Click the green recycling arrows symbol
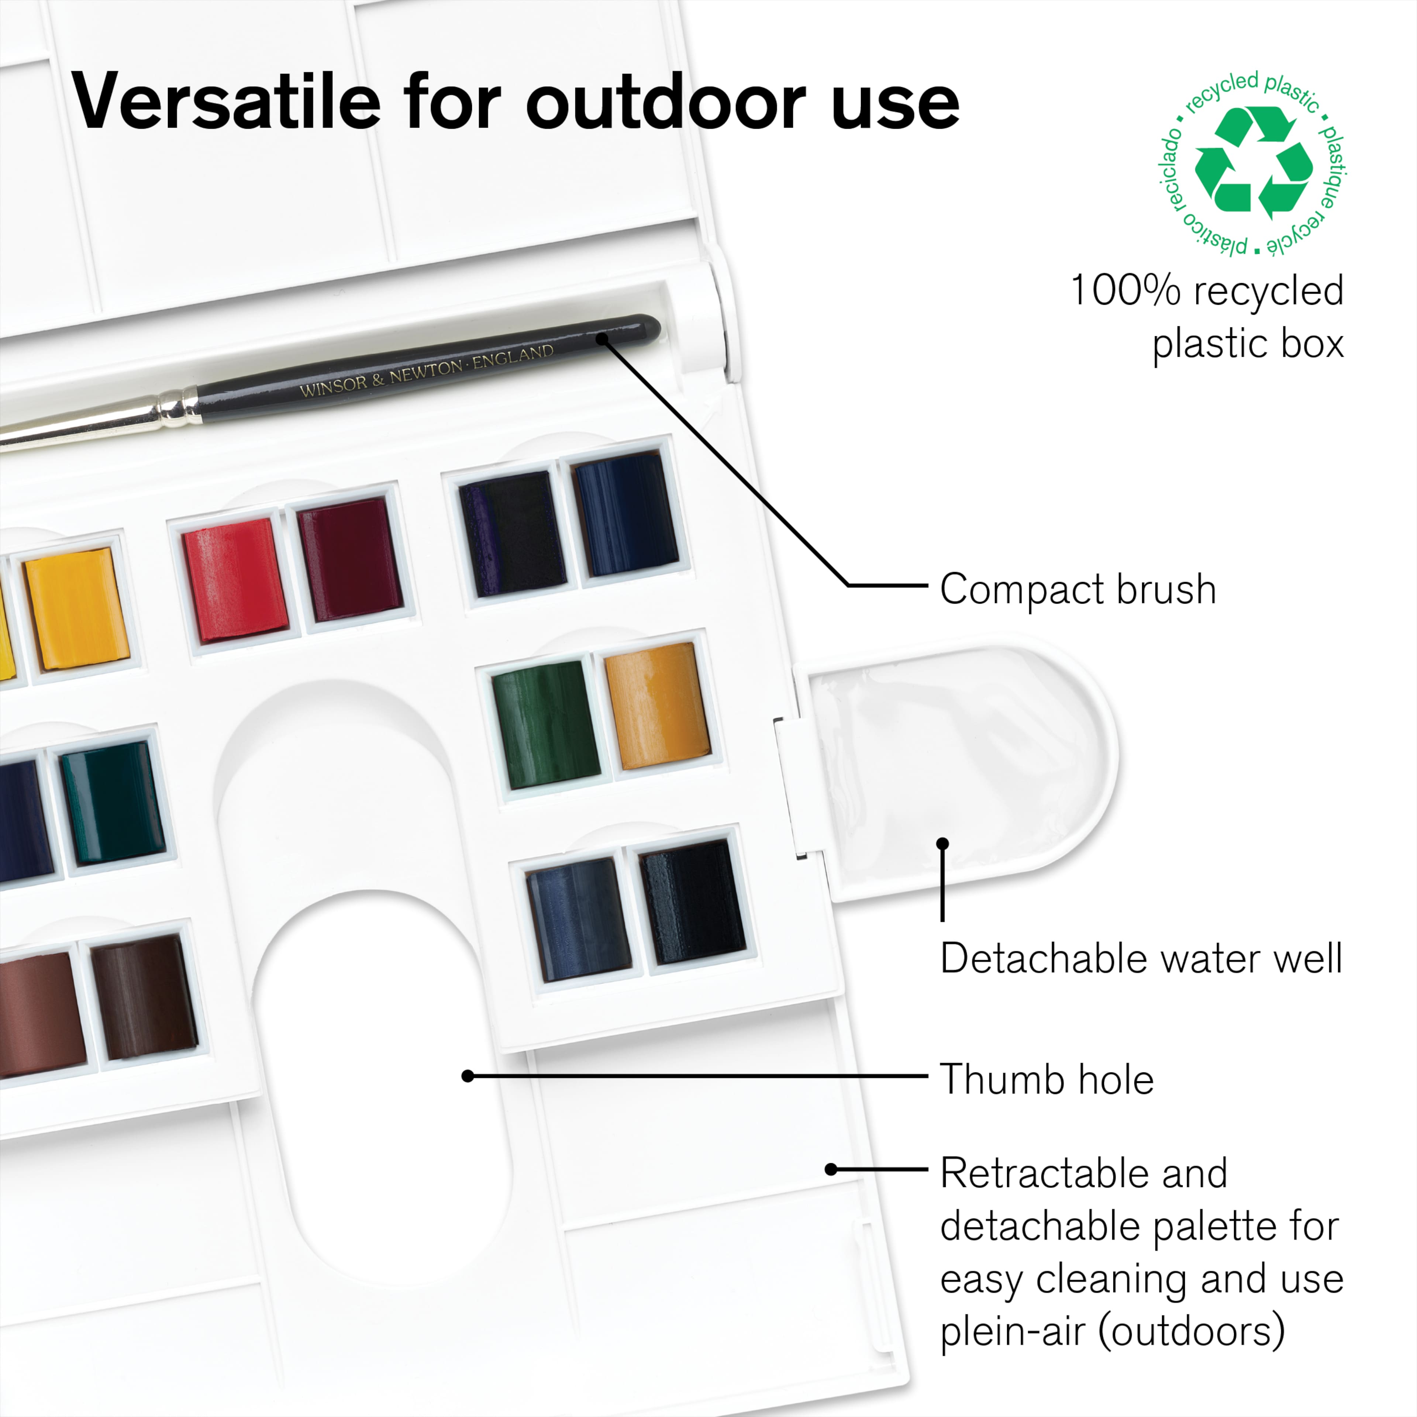(x=1254, y=163)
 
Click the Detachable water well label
(x=1141, y=959)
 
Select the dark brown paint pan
(x=144, y=997)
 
